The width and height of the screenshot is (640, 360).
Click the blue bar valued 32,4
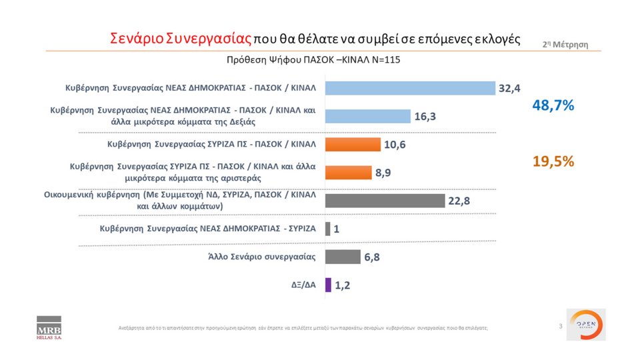click(410, 89)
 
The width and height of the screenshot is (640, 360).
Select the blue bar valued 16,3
click(367, 116)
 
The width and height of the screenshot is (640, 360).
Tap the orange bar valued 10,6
click(352, 144)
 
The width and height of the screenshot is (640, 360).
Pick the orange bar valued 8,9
click(347, 172)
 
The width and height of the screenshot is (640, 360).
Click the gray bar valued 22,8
click(385, 201)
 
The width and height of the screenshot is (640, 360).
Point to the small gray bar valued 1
click(327, 229)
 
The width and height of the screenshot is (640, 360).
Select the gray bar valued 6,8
click(343, 257)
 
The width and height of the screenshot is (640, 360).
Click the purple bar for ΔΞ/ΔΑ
click(327, 285)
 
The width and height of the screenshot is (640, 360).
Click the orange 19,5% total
click(553, 161)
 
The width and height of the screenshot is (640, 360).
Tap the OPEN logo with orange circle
click(586, 325)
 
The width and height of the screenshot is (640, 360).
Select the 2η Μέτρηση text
click(565, 44)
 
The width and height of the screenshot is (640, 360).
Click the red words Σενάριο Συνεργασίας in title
click(180, 37)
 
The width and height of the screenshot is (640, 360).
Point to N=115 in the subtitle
click(384, 60)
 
